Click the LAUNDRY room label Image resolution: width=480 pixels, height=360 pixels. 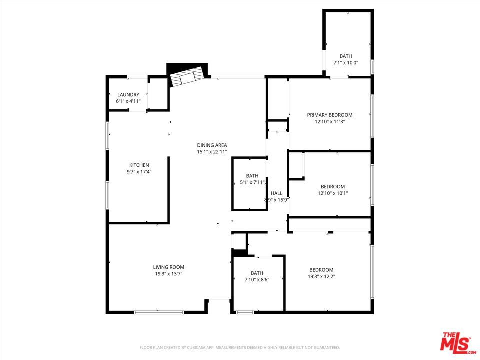click(128, 95)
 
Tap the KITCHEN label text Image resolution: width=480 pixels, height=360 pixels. click(139, 165)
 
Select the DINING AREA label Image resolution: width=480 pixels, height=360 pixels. click(212, 145)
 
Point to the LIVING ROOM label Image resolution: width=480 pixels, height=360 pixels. click(169, 267)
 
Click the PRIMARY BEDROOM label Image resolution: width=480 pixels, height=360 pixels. click(330, 115)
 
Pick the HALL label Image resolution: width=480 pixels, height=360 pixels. click(276, 193)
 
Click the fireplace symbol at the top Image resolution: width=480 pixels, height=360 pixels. click(187, 76)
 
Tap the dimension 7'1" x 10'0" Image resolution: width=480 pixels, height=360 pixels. click(346, 63)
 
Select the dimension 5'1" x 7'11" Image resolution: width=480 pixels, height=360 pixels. click(252, 182)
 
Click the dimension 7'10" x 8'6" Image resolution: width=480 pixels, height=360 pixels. click(257, 280)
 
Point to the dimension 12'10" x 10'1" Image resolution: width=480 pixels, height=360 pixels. click(333, 193)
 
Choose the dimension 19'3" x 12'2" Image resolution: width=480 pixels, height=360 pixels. click(321, 276)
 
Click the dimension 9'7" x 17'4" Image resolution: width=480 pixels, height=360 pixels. click(139, 172)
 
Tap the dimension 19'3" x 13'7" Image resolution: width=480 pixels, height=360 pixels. click(169, 274)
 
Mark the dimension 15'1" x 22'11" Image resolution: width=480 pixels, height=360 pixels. click(212, 152)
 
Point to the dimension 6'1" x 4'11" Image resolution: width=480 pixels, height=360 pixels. click(128, 101)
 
